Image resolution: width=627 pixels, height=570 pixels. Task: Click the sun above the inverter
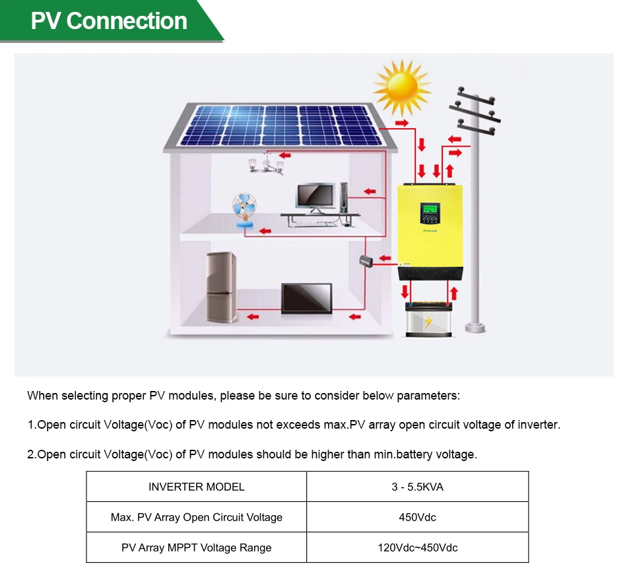401,88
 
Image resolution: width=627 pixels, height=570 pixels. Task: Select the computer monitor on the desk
315,197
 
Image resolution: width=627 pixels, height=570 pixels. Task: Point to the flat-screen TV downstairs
306,298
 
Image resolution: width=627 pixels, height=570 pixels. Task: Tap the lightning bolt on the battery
428,322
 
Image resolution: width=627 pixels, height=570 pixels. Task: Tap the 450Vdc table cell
417,517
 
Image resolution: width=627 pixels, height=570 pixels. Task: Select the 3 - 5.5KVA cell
417,487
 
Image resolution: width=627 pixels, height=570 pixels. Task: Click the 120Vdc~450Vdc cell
417,548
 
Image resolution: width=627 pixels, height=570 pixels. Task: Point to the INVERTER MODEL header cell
196,487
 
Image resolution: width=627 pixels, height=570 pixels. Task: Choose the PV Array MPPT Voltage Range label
196,548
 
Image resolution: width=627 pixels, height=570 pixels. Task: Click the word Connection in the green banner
127,21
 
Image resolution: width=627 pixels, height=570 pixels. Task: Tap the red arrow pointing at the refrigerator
252,318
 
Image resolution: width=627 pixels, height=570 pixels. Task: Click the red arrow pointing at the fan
265,231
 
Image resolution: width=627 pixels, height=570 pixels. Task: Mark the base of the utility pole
475,327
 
